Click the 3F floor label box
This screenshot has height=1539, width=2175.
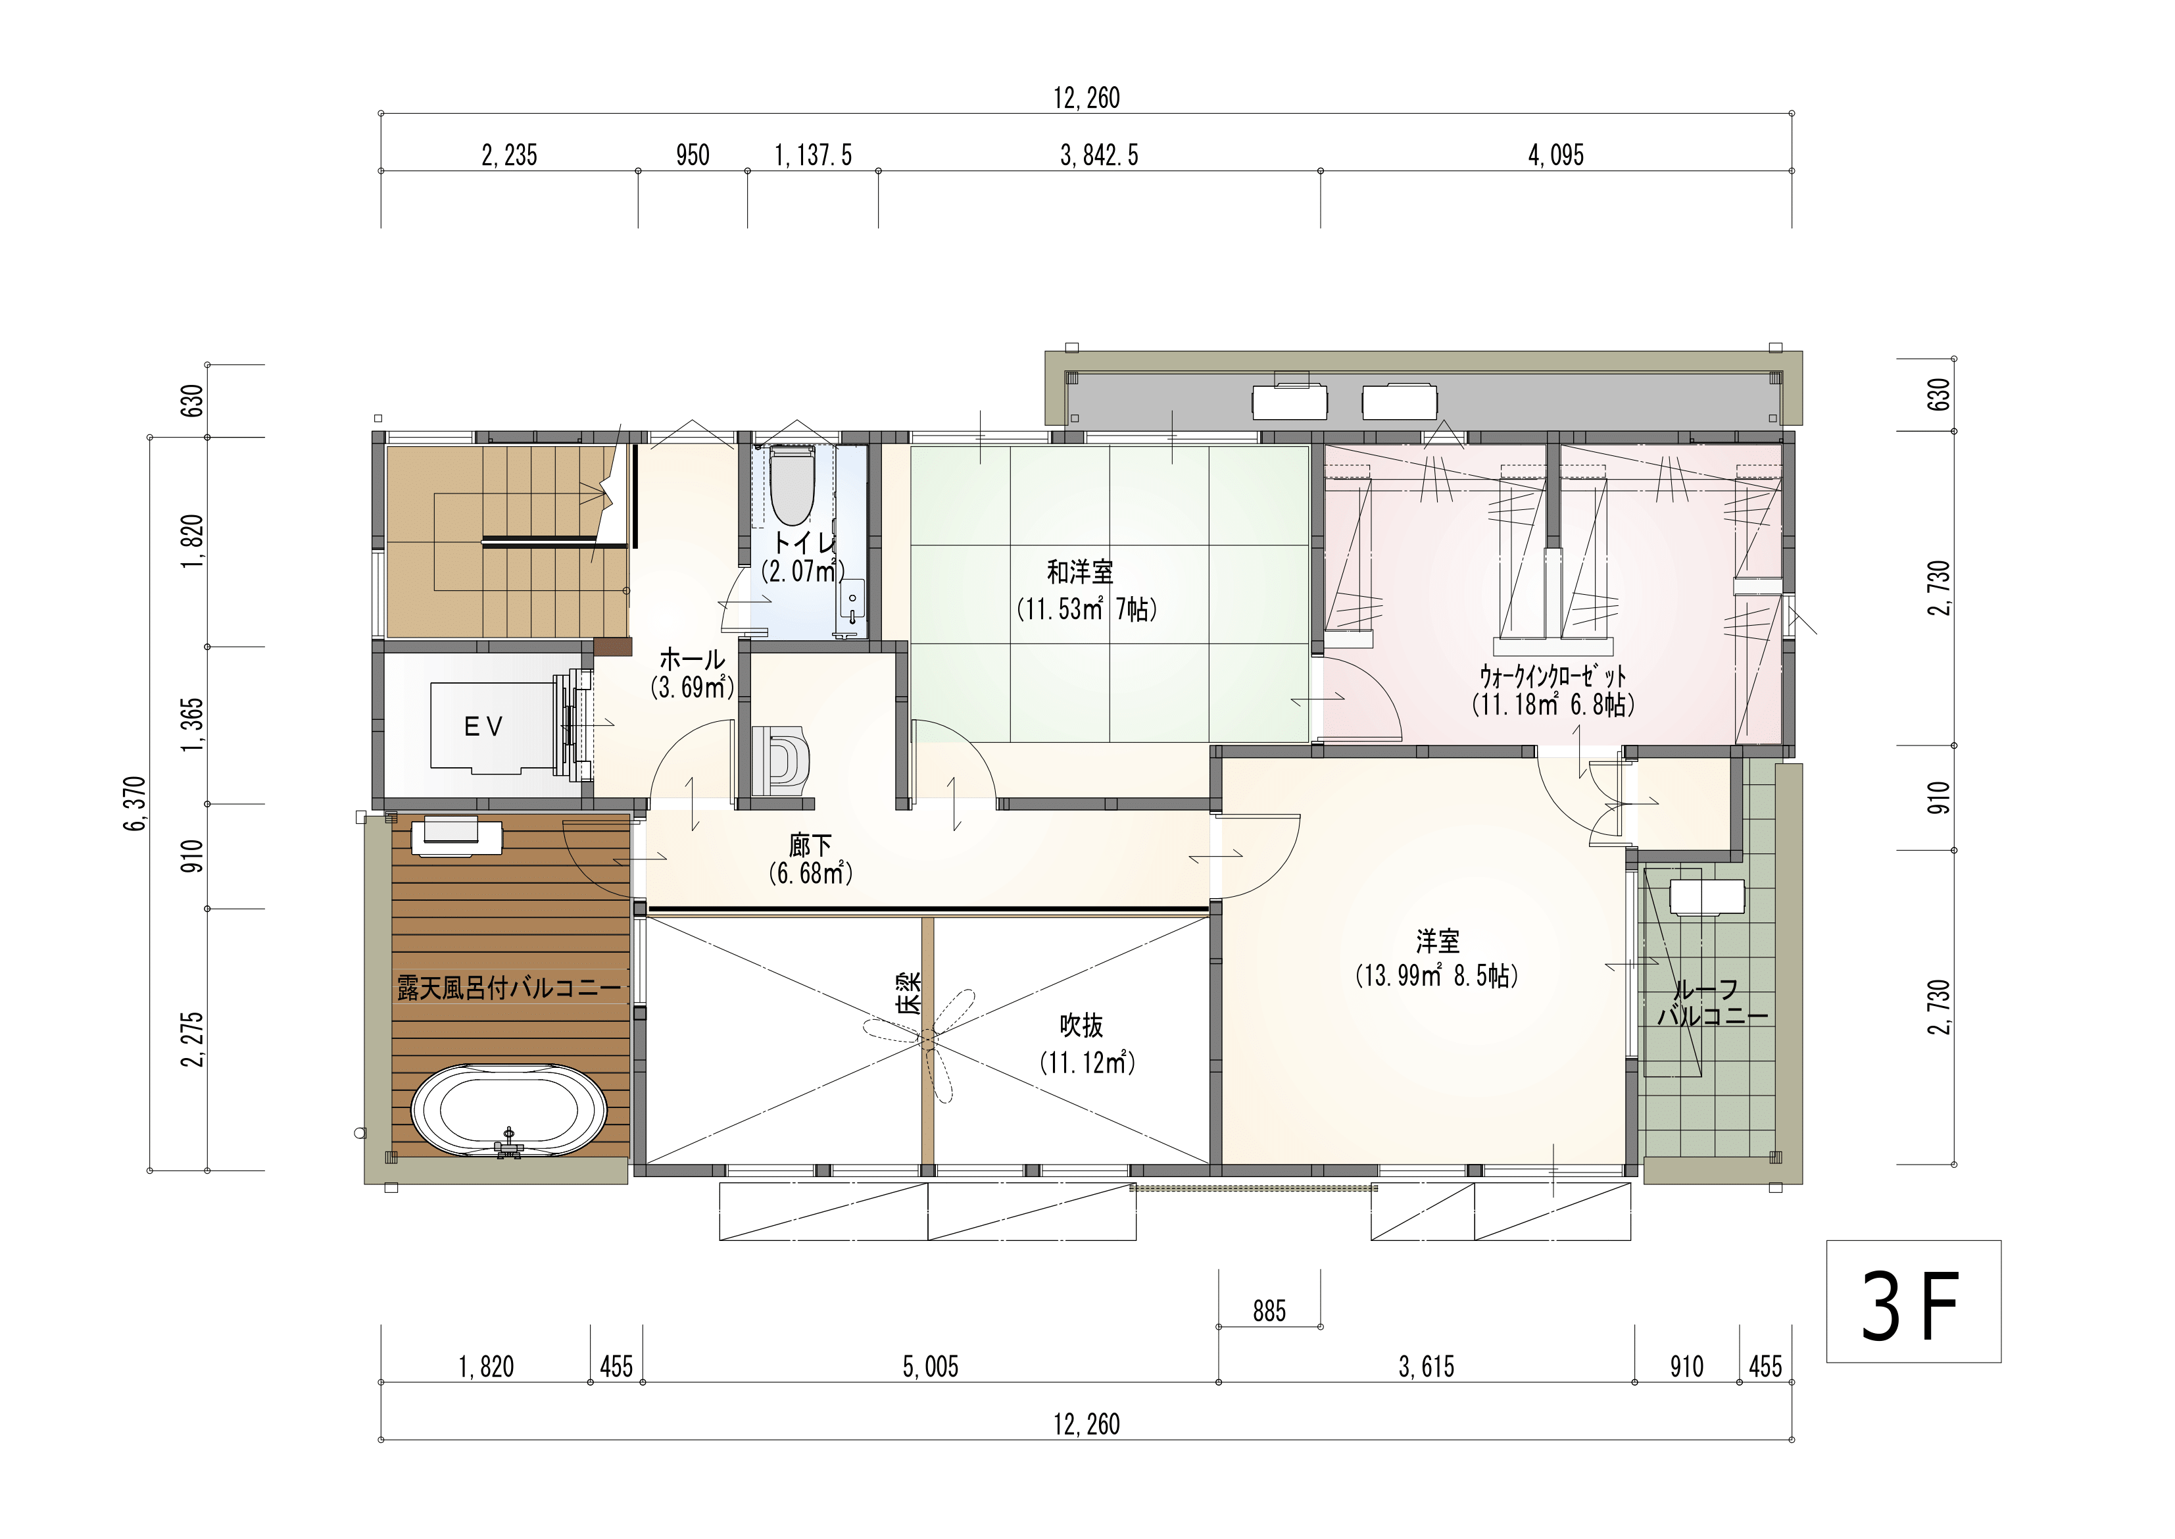(x=1913, y=1301)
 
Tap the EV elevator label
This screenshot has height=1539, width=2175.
(x=483, y=727)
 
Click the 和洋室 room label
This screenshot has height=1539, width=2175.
(x=1080, y=572)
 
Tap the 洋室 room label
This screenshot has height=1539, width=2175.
(x=1437, y=942)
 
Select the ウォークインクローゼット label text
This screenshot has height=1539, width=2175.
(x=1553, y=676)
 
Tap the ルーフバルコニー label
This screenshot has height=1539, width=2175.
(x=1713, y=1003)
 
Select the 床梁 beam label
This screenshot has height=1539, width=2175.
(x=910, y=993)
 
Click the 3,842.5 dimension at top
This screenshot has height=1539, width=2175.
(x=1099, y=155)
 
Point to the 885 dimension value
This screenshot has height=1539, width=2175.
(x=1269, y=1311)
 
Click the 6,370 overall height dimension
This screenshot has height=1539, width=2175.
(x=135, y=803)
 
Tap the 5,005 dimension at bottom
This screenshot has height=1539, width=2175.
(x=930, y=1367)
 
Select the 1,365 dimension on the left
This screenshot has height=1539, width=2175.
(x=192, y=725)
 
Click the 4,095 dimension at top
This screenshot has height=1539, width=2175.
(x=1555, y=155)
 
